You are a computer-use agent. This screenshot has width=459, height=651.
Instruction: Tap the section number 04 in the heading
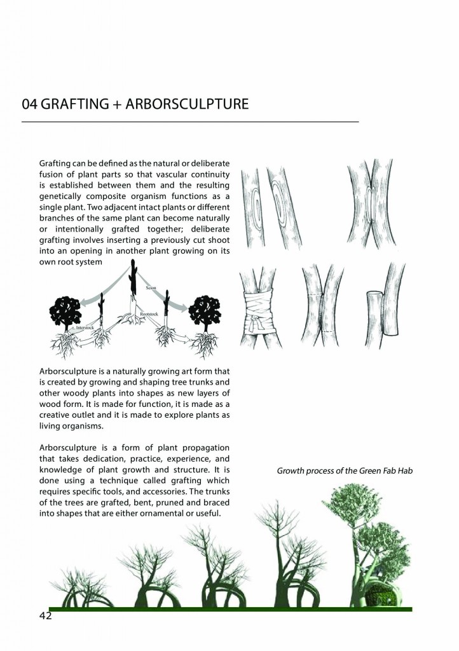pos(29,104)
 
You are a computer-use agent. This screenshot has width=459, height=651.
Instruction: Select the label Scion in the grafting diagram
pos(151,289)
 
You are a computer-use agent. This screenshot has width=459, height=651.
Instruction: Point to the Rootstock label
pos(149,315)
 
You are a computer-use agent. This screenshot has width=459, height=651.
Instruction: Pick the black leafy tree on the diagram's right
pos(204,310)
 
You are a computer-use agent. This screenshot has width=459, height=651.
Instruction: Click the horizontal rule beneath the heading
pos(190,121)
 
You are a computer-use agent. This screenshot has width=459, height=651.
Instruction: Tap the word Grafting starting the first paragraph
pos(55,163)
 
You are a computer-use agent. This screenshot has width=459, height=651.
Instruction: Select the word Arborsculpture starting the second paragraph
pos(69,371)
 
